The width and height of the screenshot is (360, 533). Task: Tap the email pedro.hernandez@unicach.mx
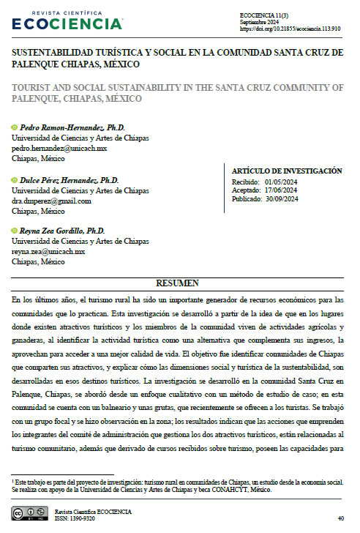click(x=59, y=147)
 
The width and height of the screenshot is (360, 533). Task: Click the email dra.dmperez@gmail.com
click(x=51, y=201)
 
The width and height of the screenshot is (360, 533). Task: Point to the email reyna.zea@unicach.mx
click(x=48, y=251)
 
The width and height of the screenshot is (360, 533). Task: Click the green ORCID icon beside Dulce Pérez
click(x=15, y=180)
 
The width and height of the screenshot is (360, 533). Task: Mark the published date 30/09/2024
click(x=282, y=198)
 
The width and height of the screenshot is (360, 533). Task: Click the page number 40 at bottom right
click(x=340, y=518)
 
